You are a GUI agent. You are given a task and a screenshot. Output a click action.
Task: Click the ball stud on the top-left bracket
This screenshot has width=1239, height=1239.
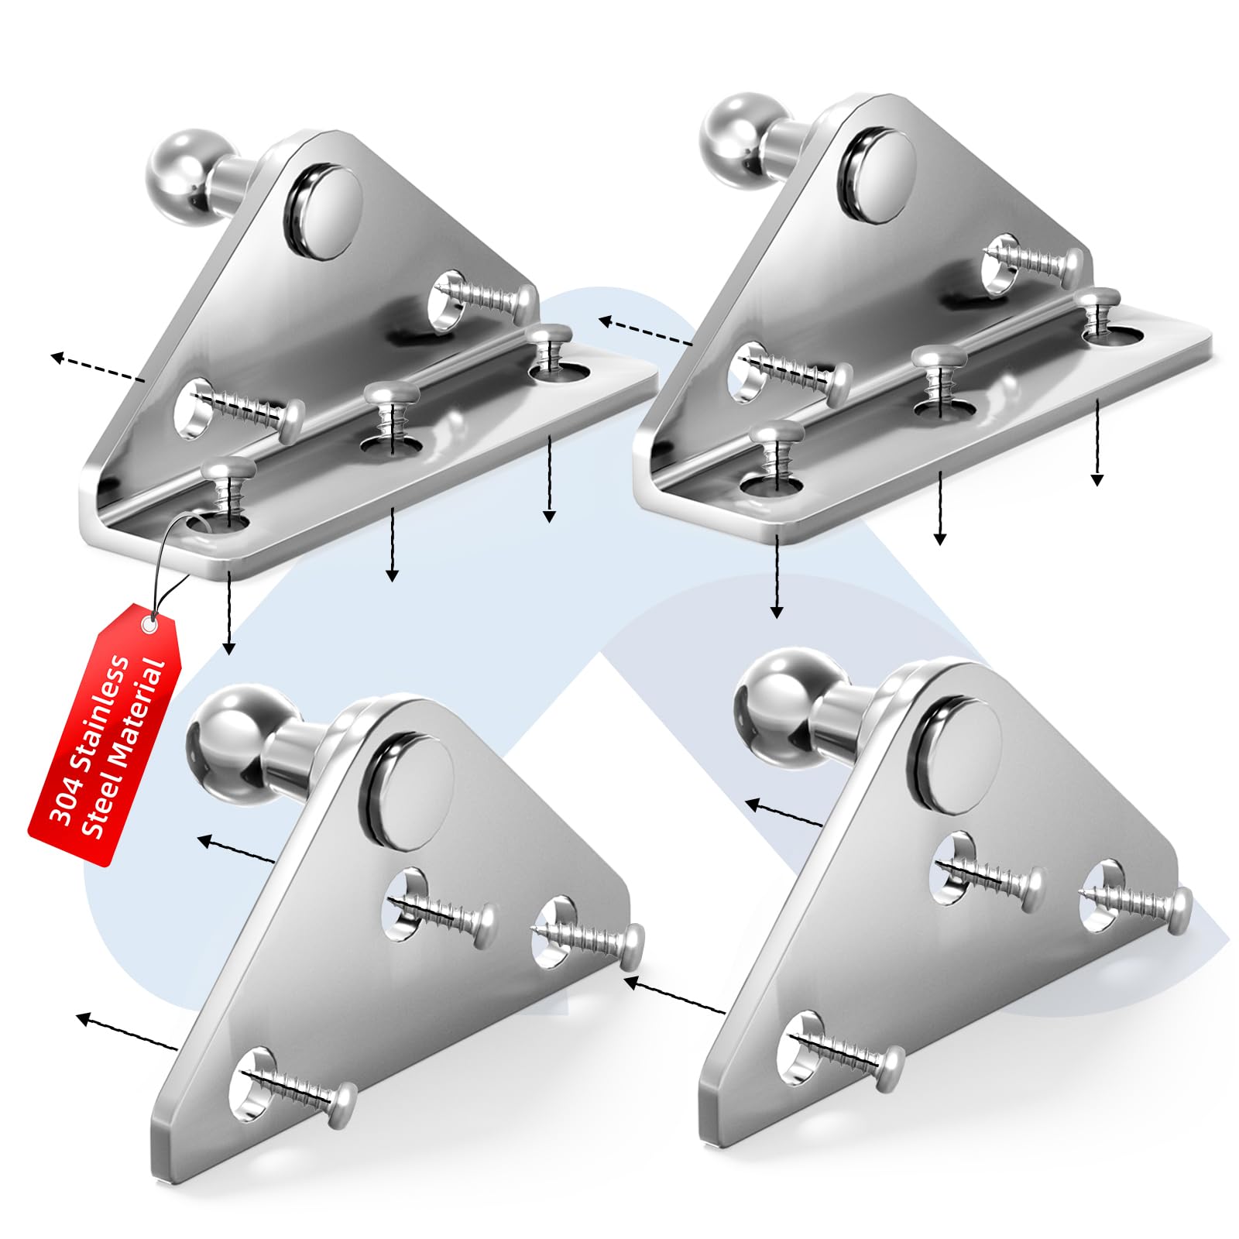(180, 178)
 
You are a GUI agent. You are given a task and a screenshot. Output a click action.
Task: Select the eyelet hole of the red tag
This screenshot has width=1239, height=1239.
(149, 621)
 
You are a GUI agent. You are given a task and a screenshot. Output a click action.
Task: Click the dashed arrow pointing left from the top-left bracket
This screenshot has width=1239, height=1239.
(97, 369)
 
